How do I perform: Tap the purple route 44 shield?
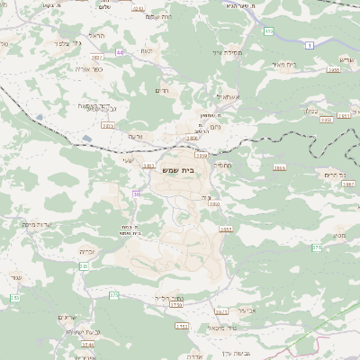point(119,53)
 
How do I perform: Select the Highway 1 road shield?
point(310,44)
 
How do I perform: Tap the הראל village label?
point(97,36)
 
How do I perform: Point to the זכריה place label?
point(87,251)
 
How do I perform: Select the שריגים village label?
point(67,318)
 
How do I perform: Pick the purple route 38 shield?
point(137,193)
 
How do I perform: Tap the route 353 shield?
point(14,298)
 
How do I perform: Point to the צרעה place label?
point(135,136)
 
